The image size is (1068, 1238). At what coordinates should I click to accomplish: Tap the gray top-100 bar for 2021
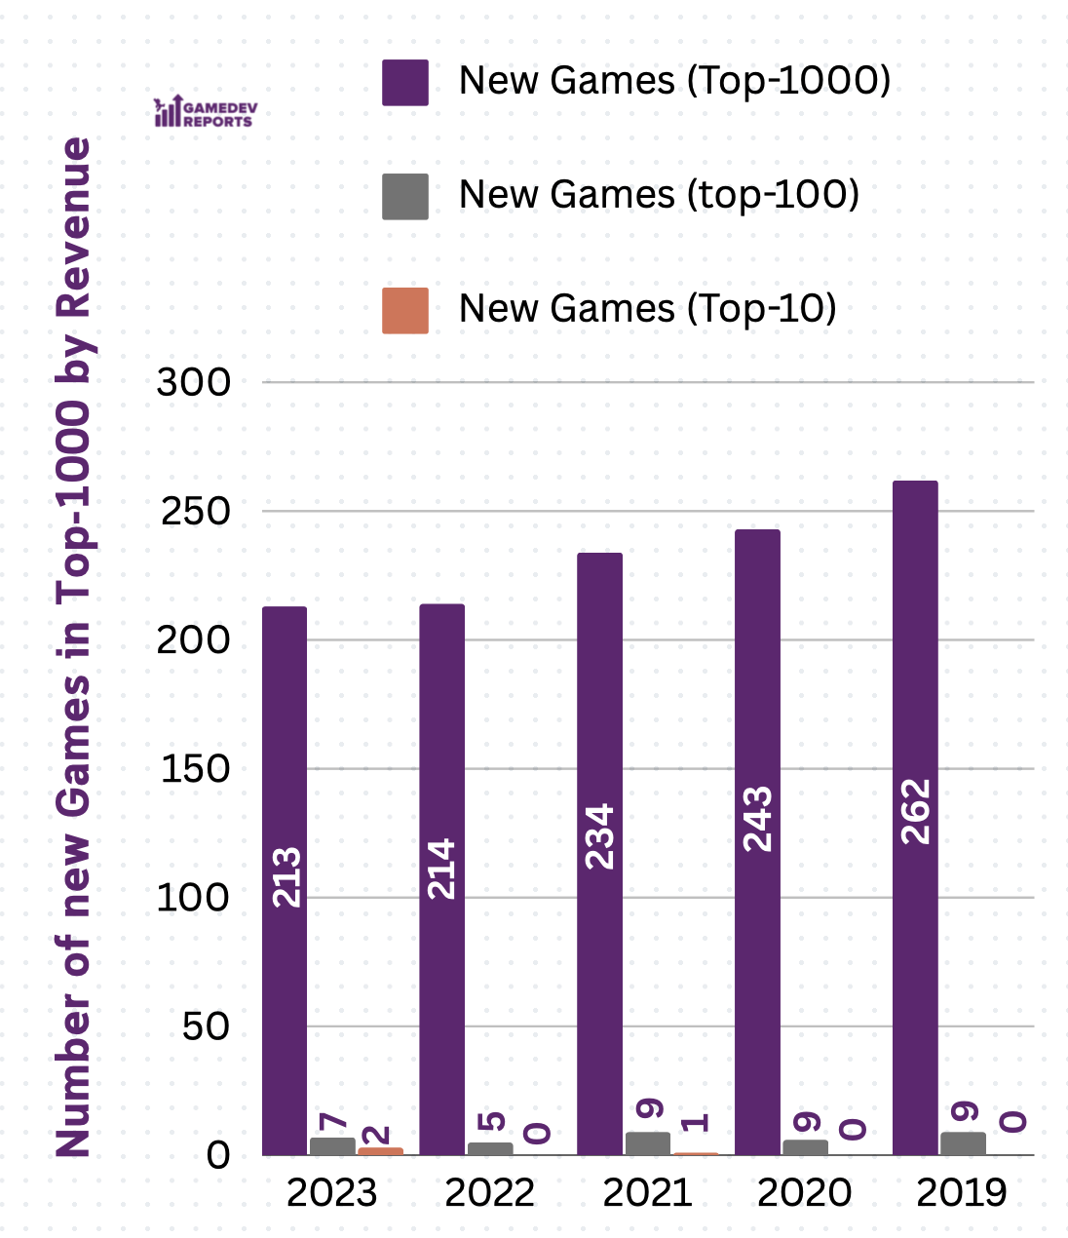coord(648,1143)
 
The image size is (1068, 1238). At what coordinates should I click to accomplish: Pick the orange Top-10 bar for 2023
coord(380,1151)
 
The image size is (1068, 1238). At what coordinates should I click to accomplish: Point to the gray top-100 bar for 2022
coord(490,1148)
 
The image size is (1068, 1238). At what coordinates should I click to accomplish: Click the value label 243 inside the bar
coord(757,819)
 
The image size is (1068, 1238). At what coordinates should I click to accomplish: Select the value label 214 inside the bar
coord(441,869)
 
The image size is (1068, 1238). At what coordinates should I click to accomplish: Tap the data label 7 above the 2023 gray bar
coord(333,1120)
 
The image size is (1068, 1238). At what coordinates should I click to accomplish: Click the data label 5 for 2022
coord(491,1121)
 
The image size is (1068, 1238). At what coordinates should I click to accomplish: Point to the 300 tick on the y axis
coord(194,382)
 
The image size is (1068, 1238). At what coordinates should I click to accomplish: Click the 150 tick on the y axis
coord(194,769)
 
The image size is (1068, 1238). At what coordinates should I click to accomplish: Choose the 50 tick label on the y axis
coord(205,1026)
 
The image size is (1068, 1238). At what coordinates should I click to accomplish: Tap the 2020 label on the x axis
coord(805,1192)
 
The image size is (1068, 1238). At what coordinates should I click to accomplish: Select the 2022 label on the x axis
coord(489,1192)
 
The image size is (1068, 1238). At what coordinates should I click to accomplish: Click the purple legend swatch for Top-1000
coord(405,82)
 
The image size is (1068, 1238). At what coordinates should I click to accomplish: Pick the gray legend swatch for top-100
coord(405,196)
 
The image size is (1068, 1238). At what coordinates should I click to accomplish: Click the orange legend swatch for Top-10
coord(405,310)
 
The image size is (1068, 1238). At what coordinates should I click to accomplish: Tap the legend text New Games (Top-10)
coord(648,309)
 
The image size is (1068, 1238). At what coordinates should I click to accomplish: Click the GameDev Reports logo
coord(206,112)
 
